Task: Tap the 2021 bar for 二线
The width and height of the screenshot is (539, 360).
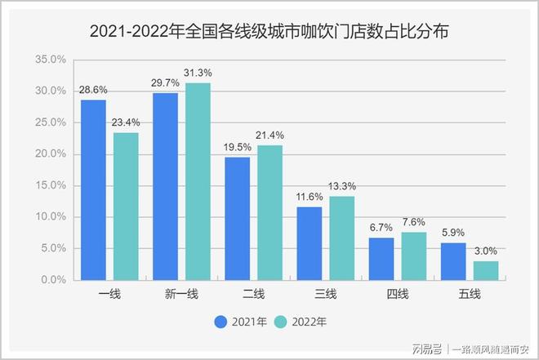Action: [x=237, y=218]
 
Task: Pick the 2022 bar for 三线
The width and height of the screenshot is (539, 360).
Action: [x=341, y=238]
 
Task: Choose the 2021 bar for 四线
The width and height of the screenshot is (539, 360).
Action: [x=381, y=258]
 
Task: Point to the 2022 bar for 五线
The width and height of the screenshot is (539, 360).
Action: [x=485, y=270]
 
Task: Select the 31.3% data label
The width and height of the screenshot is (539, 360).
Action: [x=198, y=74]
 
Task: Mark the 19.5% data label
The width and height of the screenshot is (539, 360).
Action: [x=237, y=148]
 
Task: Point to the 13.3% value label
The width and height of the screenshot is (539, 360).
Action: [x=341, y=187]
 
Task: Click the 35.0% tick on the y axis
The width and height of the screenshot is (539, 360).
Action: [x=51, y=60]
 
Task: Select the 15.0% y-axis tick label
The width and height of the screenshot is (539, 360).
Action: [x=51, y=185]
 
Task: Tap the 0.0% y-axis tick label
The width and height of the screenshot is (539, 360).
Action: [x=53, y=280]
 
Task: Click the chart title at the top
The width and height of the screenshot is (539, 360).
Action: [x=269, y=33]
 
